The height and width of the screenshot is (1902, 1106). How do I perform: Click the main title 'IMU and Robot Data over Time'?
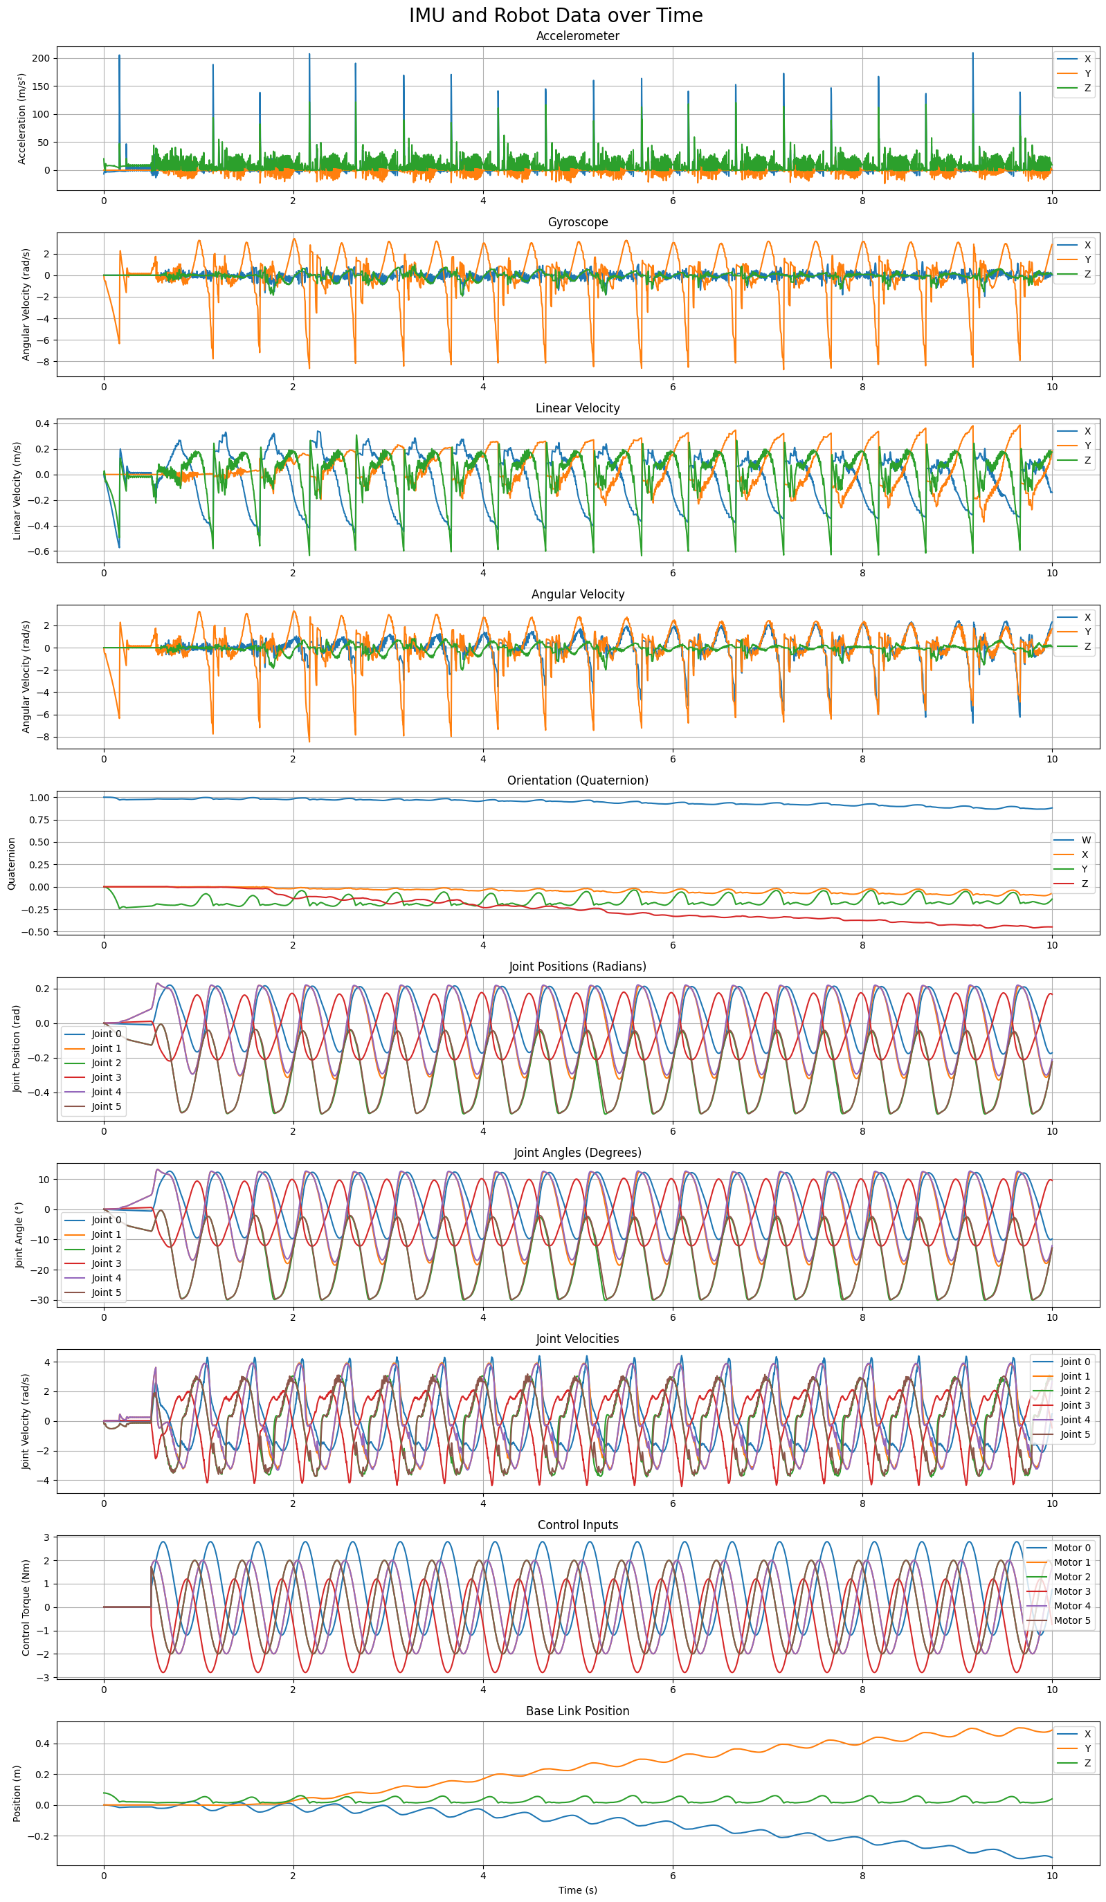coord(556,16)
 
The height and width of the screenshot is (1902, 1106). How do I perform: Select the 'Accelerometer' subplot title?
coord(577,36)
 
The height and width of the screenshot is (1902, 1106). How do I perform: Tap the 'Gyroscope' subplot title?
coord(577,222)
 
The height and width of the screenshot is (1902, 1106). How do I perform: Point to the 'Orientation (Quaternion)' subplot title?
coord(577,780)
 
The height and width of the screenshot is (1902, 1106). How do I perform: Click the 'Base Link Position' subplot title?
coord(577,1711)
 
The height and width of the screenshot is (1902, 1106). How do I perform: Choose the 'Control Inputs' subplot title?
coord(577,1525)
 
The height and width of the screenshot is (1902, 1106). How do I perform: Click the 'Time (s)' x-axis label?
coord(577,1890)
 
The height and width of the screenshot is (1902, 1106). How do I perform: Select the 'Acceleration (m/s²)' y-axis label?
coord(22,118)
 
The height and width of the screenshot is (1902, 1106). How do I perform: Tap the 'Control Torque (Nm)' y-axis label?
coord(26,1608)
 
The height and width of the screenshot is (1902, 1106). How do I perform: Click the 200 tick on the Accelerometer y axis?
coord(42,58)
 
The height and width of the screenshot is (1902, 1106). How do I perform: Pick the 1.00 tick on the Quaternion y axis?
coord(39,798)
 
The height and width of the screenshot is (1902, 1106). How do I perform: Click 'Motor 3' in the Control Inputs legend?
coord(1072,1591)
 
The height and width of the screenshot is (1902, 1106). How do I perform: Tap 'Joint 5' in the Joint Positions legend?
coord(107,1106)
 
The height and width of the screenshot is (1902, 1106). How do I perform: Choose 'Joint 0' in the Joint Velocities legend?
coord(1075,1362)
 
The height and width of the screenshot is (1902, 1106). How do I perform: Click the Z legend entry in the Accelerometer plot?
coord(1087,89)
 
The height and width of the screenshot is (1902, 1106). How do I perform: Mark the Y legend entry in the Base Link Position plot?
coord(1087,1749)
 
